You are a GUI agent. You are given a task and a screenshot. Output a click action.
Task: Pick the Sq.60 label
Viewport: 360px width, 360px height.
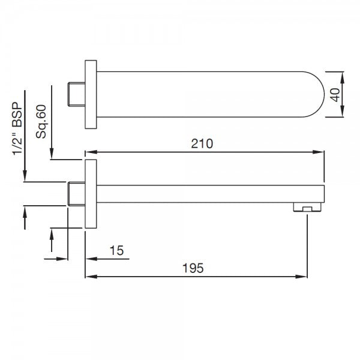click(x=41, y=122)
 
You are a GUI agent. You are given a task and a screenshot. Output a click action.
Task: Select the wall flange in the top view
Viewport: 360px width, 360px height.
click(x=90, y=94)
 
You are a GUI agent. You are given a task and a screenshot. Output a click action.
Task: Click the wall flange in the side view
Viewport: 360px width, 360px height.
click(x=90, y=194)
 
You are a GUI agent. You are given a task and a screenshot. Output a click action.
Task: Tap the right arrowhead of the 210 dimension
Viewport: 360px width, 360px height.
click(x=322, y=152)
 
